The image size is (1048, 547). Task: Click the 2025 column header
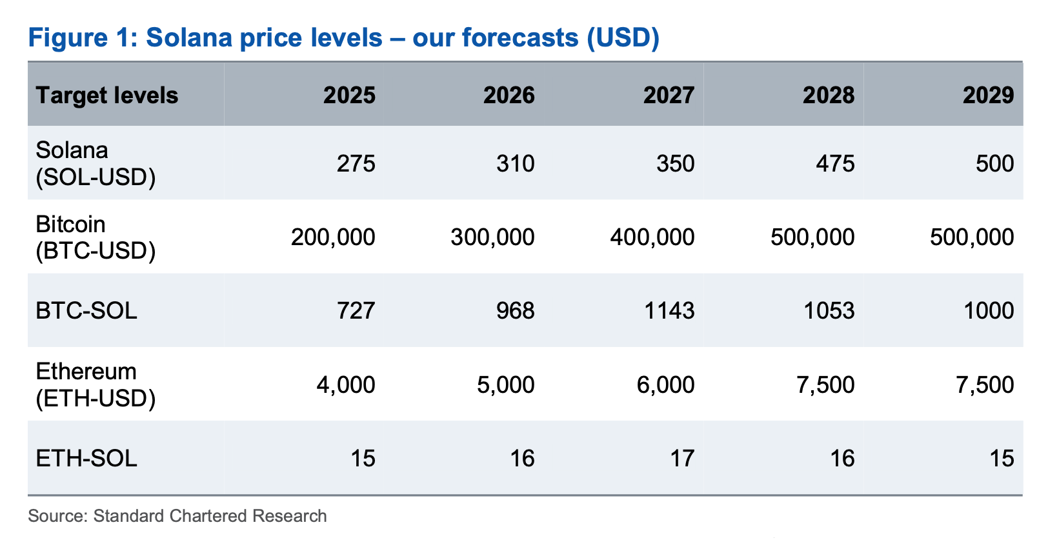[x=349, y=95]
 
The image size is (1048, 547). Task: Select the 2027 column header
[x=669, y=95]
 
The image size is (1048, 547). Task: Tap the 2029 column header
[x=988, y=95]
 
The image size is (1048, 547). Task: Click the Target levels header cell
[x=107, y=95]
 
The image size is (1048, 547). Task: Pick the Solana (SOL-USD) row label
[x=96, y=163]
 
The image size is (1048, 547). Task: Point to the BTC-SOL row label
[x=86, y=311]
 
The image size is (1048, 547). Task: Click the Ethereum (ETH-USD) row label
[x=96, y=385]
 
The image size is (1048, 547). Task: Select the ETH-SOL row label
[x=86, y=459]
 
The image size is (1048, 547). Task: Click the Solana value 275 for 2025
[x=356, y=163]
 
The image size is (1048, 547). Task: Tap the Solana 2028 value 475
[x=835, y=163]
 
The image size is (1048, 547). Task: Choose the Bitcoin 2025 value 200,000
[x=333, y=237]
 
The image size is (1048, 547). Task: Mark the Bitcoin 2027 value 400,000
[x=652, y=237]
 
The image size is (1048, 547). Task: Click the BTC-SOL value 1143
[x=669, y=311]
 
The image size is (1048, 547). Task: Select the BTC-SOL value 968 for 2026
[x=516, y=311]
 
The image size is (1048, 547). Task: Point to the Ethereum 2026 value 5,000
[x=506, y=385]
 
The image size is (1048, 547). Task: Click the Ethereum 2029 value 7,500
[x=985, y=385]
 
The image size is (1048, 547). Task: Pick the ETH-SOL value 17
[x=682, y=459]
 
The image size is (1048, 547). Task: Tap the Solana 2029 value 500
[x=994, y=163]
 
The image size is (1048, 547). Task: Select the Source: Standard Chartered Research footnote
[x=177, y=516]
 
